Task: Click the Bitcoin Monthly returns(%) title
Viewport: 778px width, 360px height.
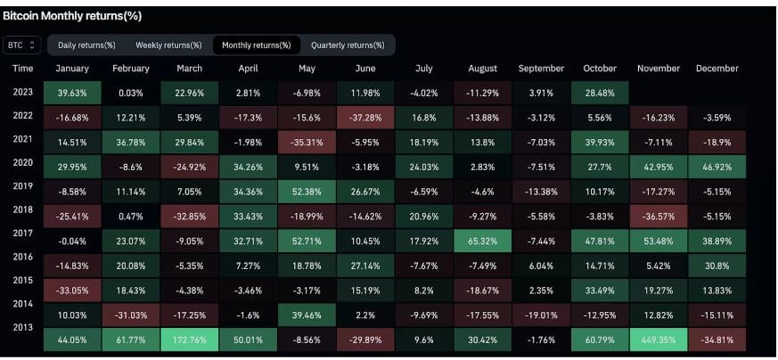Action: (x=72, y=16)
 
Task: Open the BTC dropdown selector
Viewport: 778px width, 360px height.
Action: (x=21, y=45)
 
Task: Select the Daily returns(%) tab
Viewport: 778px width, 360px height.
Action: (x=86, y=45)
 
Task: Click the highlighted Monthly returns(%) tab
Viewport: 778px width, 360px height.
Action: (x=256, y=45)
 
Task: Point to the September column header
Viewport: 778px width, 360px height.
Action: (x=541, y=69)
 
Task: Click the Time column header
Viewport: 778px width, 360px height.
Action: (x=23, y=69)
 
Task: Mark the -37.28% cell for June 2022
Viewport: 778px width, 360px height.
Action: (x=365, y=117)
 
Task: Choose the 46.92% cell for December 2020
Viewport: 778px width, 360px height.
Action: (x=717, y=167)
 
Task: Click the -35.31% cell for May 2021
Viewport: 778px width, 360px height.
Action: (x=307, y=142)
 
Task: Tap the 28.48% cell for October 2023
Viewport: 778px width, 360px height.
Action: (x=600, y=93)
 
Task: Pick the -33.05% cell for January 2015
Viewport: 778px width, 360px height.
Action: (x=71, y=290)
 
